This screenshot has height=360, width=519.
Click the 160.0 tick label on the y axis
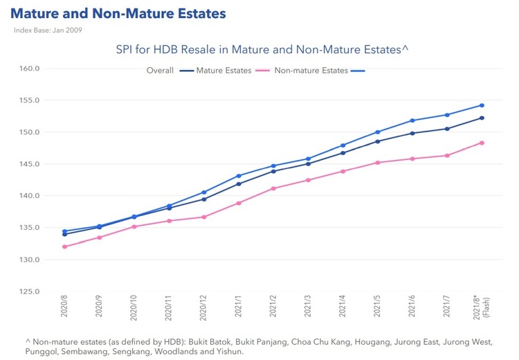31,69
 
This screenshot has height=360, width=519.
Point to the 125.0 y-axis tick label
31,291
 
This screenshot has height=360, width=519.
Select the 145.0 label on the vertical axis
31,164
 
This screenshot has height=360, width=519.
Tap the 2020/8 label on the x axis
64,309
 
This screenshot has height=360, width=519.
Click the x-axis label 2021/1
239,309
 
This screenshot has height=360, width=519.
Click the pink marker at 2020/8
64,246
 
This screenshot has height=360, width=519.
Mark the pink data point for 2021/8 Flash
482,143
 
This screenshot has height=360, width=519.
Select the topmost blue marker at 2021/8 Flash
482,105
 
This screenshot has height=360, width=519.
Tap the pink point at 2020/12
204,217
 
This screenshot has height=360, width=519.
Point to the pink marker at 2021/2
273,188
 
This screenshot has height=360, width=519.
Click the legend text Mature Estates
224,71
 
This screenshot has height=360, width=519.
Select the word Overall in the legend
160,71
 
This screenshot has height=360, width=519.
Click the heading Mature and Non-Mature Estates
118,14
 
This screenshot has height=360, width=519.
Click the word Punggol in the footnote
39,352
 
